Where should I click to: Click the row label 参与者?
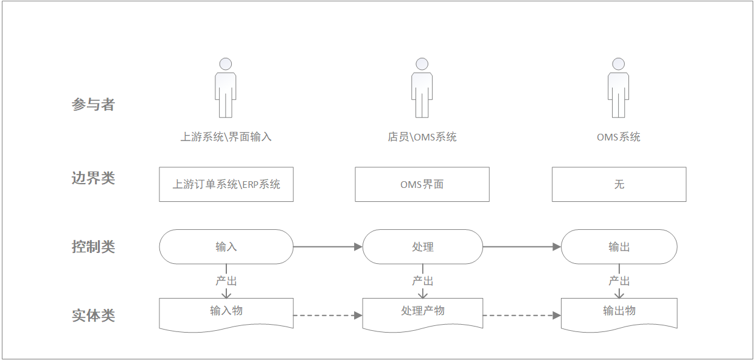[x=93, y=105]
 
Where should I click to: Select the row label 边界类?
[x=93, y=178]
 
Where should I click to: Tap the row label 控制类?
[x=93, y=247]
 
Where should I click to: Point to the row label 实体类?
[x=93, y=316]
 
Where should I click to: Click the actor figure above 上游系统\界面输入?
[x=226, y=88]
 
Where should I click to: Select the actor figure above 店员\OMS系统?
[x=422, y=88]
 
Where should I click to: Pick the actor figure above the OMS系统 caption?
[x=619, y=88]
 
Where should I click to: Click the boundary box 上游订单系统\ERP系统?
[x=226, y=184]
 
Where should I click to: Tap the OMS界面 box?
[x=422, y=184]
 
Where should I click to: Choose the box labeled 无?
[x=619, y=184]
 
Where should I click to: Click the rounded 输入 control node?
[x=226, y=247]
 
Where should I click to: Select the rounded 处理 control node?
[x=422, y=247]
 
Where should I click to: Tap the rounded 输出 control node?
[x=619, y=247]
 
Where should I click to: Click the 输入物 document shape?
[x=226, y=313]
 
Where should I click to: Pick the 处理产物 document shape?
[x=422, y=313]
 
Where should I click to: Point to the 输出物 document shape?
[x=619, y=313]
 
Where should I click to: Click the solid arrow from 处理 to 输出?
[x=521, y=247]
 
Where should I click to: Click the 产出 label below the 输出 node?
[x=619, y=281]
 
